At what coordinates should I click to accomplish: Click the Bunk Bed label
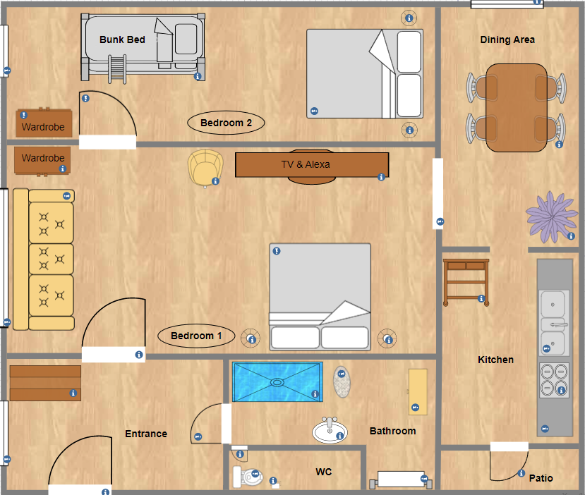[x=122, y=39]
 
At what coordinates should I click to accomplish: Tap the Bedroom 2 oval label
[x=226, y=123]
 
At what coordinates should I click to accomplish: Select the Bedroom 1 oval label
[x=196, y=336]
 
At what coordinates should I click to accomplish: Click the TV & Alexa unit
[x=312, y=165]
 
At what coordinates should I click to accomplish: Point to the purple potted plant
[x=551, y=217]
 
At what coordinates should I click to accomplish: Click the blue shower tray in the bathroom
[x=277, y=382]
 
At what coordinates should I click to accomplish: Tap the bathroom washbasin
[x=330, y=431]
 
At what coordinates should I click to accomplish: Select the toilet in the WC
[x=247, y=477]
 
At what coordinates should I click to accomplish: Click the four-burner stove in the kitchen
[x=555, y=380]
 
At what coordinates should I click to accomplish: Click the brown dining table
[x=517, y=108]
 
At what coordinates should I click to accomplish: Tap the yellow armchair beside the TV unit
[x=205, y=168]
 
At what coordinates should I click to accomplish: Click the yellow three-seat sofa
[x=44, y=259]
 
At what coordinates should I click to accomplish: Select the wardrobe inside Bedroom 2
[x=44, y=123]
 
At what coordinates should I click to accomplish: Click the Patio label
[x=541, y=478]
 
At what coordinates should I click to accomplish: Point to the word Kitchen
[x=495, y=360]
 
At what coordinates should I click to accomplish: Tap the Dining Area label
[x=507, y=39]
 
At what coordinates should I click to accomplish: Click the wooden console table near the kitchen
[x=466, y=282]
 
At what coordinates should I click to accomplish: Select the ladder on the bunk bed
[x=117, y=69]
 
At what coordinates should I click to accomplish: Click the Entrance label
[x=146, y=434]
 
